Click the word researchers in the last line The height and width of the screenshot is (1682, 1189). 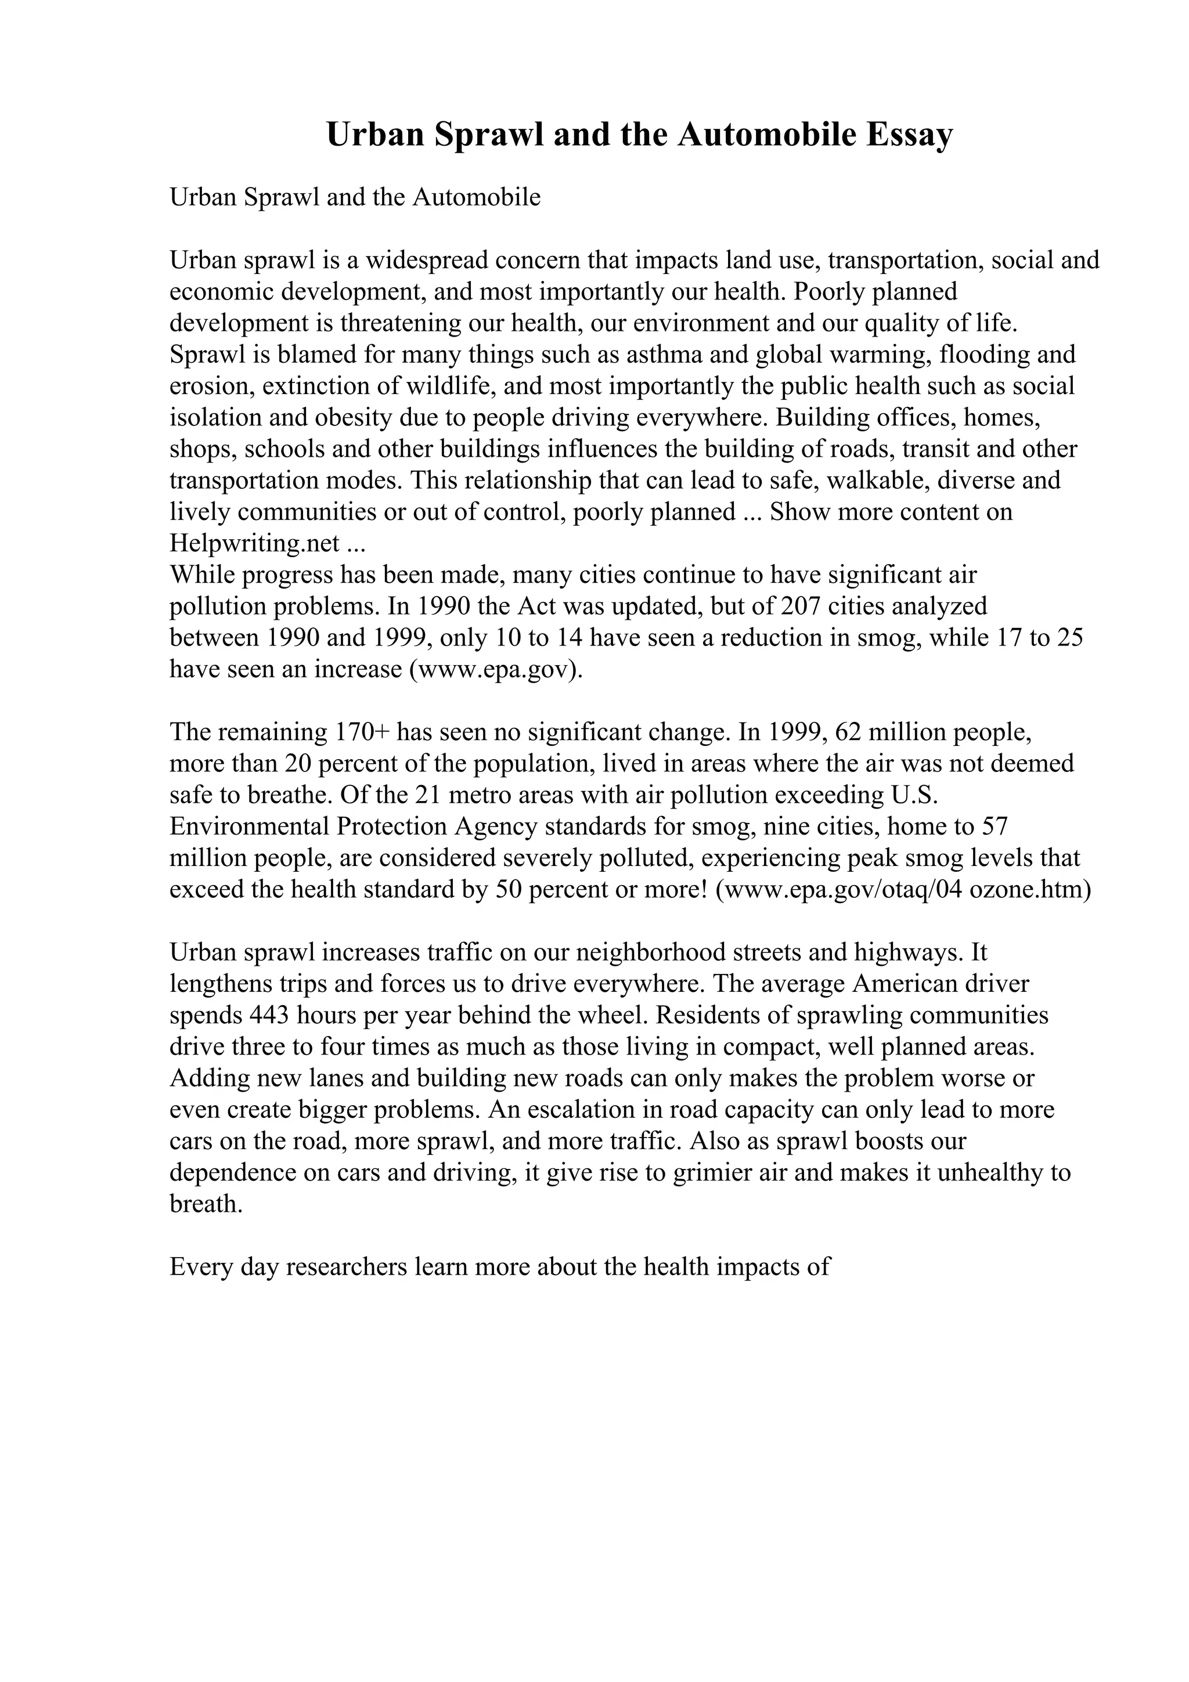[346, 1268]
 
